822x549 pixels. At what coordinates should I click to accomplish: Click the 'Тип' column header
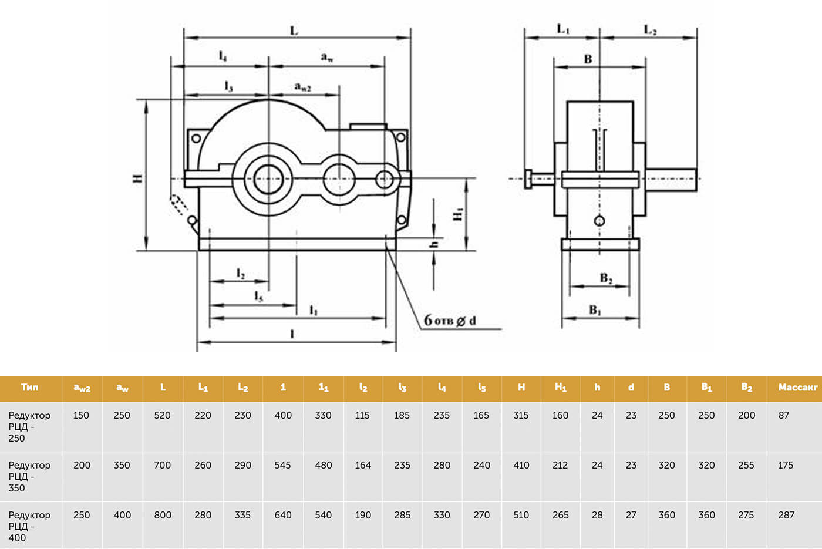tap(30, 387)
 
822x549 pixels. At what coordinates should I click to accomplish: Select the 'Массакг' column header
tap(798, 387)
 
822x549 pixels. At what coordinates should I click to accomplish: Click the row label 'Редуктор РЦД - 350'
tap(29, 476)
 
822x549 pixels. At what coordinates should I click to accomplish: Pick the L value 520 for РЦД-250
tap(162, 415)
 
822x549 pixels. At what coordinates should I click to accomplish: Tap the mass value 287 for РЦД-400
tap(786, 515)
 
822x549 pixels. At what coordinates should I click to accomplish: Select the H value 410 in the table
tap(521, 465)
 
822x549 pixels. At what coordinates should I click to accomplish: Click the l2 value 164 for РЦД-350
tap(363, 465)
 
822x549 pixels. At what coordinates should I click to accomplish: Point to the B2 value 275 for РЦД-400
tap(746, 515)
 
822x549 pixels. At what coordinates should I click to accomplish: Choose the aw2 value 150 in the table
tap(81, 415)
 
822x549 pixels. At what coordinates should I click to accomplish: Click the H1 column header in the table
tap(560, 387)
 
